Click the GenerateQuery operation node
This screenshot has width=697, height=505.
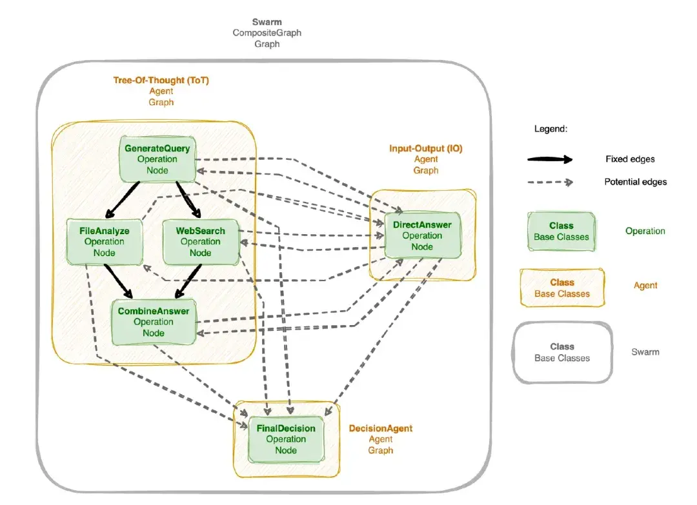(x=157, y=159)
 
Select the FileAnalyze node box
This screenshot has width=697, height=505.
(x=104, y=241)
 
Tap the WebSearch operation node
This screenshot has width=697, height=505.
(x=200, y=241)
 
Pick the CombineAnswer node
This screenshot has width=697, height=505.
(x=153, y=322)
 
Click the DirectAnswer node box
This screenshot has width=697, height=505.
(x=422, y=235)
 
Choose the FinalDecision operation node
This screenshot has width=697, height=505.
(x=286, y=439)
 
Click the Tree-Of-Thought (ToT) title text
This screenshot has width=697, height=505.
(x=161, y=81)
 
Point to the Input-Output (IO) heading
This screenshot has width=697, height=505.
(x=425, y=148)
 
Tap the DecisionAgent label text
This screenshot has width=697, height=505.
(x=380, y=428)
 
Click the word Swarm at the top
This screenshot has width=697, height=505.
(x=267, y=22)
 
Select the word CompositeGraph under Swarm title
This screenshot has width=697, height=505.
(x=267, y=33)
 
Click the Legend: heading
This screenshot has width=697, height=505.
(x=551, y=129)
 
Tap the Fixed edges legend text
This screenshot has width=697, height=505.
(x=630, y=159)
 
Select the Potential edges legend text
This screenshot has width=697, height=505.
(x=635, y=182)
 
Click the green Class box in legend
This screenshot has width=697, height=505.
(x=561, y=231)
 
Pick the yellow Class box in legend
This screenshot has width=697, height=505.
(x=561, y=288)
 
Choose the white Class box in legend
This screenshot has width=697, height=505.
(x=561, y=352)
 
